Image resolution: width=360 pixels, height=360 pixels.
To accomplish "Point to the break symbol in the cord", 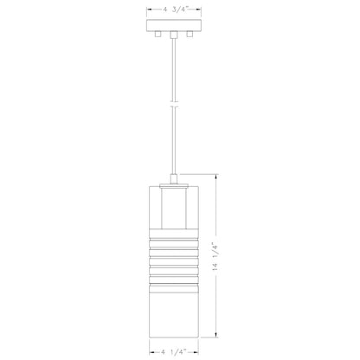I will (x=174, y=105).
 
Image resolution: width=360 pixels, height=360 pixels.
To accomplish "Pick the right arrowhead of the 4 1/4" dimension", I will (x=202, y=351).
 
